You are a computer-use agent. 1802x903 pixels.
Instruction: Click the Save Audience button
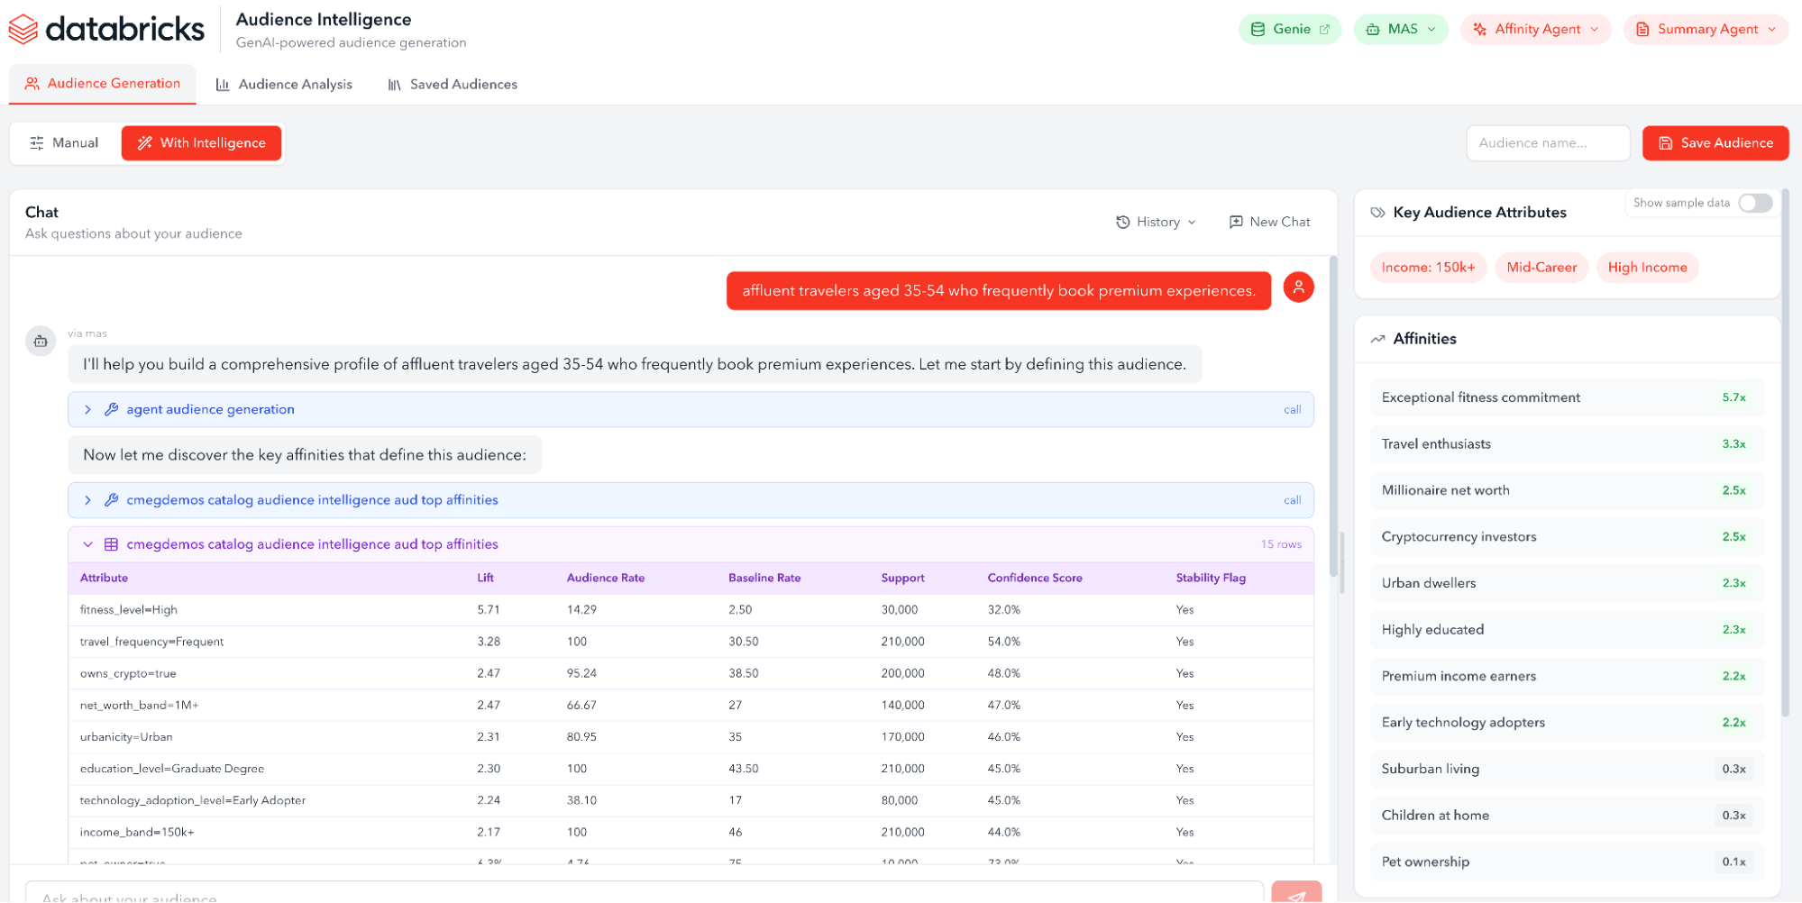pyautogui.click(x=1715, y=143)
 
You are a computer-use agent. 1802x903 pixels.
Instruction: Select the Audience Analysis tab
pyautogui.click(x=284, y=85)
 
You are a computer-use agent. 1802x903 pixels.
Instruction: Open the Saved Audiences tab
pyautogui.click(x=453, y=85)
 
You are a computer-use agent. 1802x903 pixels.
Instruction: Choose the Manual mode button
pyautogui.click(x=64, y=143)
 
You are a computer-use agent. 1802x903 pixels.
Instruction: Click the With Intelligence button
pyautogui.click(x=202, y=143)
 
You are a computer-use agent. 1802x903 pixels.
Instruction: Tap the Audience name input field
pyautogui.click(x=1547, y=143)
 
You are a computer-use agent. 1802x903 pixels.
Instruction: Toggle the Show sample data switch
pyautogui.click(x=1754, y=203)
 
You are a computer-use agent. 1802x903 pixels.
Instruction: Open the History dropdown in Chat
pyautogui.click(x=1156, y=222)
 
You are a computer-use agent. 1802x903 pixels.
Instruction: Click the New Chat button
pyautogui.click(x=1269, y=222)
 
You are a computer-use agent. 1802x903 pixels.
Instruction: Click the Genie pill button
pyautogui.click(x=1290, y=30)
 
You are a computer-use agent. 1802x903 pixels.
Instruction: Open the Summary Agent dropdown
pyautogui.click(x=1706, y=30)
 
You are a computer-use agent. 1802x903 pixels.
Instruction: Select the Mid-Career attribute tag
pyautogui.click(x=1541, y=268)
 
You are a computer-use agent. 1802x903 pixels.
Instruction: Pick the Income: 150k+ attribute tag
pyautogui.click(x=1428, y=268)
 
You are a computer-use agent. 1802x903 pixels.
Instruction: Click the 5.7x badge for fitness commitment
pyautogui.click(x=1733, y=397)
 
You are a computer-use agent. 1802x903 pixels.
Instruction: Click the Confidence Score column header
pyautogui.click(x=1034, y=578)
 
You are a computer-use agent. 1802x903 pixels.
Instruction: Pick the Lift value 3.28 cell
pyautogui.click(x=489, y=642)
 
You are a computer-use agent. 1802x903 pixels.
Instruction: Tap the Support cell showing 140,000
pyautogui.click(x=902, y=706)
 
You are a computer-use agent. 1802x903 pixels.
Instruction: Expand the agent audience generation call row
pyautogui.click(x=87, y=410)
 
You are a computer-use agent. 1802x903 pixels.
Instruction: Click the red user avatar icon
pyautogui.click(x=1298, y=287)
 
